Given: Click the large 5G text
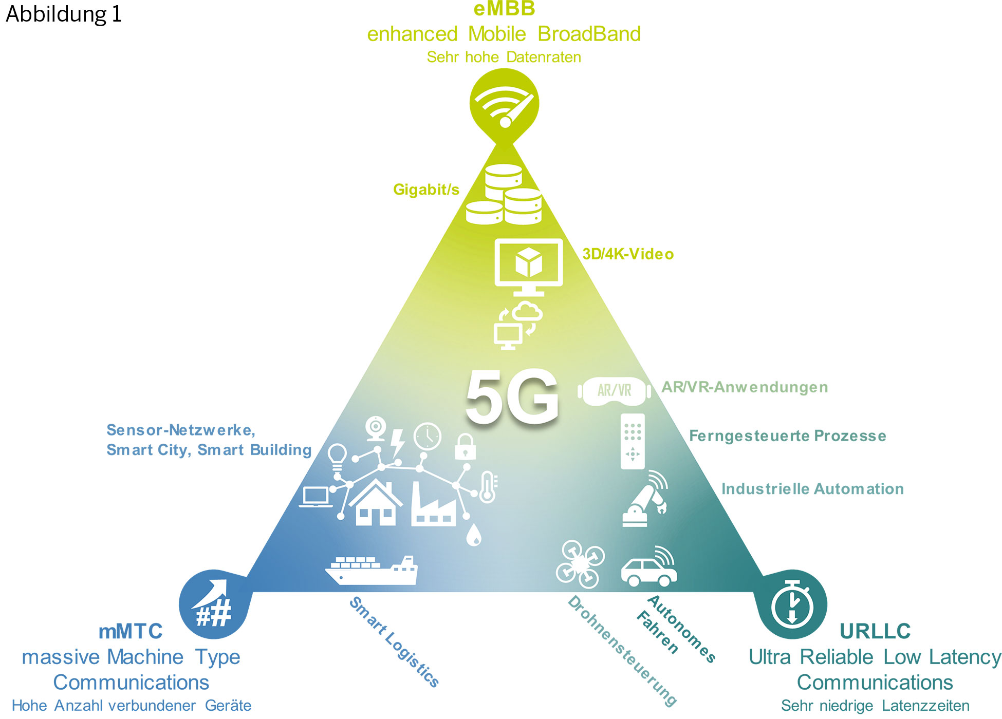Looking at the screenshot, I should [512, 396].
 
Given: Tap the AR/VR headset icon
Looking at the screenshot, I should [615, 391].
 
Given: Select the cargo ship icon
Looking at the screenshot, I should [372, 570].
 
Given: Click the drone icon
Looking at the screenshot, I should [580, 563].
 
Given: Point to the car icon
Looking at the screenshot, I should [649, 569].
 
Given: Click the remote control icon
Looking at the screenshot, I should [633, 441].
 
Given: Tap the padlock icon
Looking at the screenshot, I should [465, 447].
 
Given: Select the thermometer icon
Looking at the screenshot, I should [488, 487].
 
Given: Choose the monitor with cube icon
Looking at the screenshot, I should [528, 266].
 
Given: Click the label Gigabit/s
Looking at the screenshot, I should [426, 190].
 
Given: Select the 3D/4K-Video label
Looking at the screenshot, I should [627, 254].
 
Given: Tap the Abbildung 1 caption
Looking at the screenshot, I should [64, 14].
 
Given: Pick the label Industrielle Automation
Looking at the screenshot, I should [812, 488].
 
